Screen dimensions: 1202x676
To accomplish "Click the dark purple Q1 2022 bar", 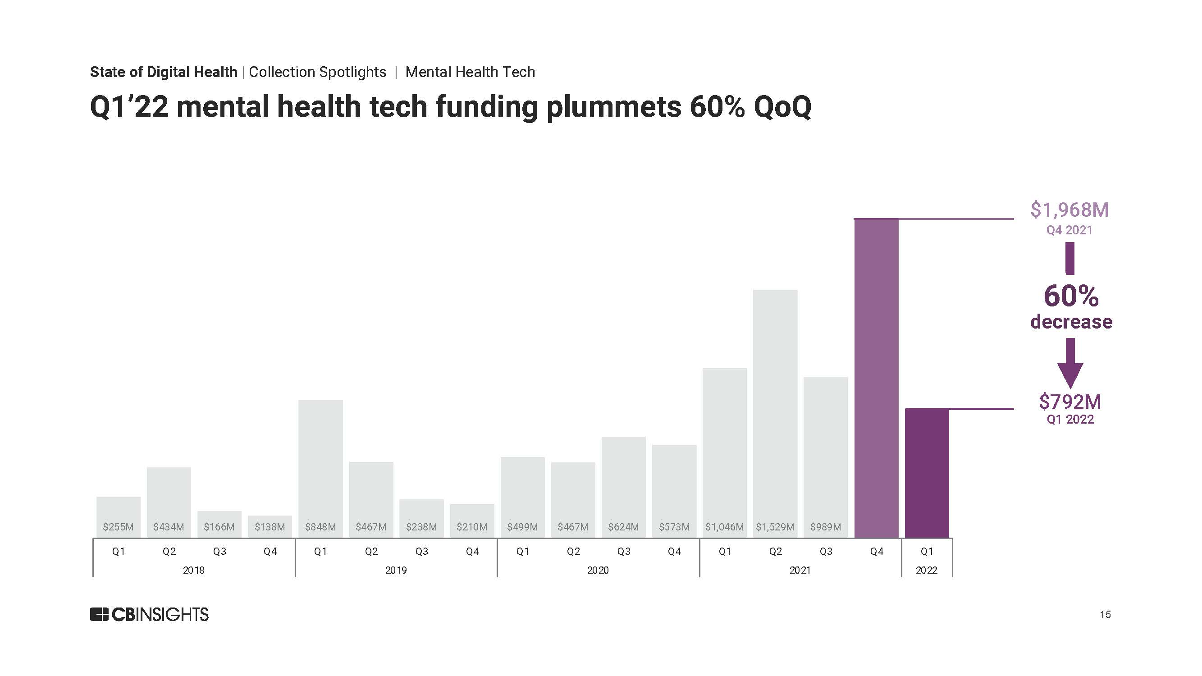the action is pyautogui.click(x=927, y=473).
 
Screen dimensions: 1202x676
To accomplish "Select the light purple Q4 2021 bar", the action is pyautogui.click(x=876, y=379).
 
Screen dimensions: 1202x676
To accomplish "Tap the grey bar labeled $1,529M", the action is pyautogui.click(x=775, y=414).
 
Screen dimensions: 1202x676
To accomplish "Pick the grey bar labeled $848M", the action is pyautogui.click(x=320, y=469).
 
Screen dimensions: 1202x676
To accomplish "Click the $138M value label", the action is pyautogui.click(x=270, y=527).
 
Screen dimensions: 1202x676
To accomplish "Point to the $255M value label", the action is pyautogui.click(x=118, y=527).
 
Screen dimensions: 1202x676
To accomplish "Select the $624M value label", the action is pyautogui.click(x=623, y=527).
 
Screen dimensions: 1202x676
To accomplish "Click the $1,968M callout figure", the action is pyautogui.click(x=1069, y=210).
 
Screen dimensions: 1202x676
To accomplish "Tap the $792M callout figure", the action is pyautogui.click(x=1070, y=401).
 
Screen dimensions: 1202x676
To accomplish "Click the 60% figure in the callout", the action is pyautogui.click(x=1071, y=296).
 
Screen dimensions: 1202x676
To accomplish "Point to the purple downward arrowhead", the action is pyautogui.click(x=1070, y=375).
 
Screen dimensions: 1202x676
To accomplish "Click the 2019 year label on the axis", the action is pyautogui.click(x=396, y=570).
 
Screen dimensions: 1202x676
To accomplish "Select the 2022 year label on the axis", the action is pyautogui.click(x=927, y=570).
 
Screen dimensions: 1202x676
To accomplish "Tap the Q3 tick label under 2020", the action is pyautogui.click(x=624, y=552).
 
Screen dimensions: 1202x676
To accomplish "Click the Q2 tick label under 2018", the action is pyautogui.click(x=169, y=552).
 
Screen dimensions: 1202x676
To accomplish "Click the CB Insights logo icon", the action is pyautogui.click(x=100, y=614).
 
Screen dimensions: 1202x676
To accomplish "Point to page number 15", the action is pyautogui.click(x=1105, y=614).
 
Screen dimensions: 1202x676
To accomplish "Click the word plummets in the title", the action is pyautogui.click(x=613, y=107).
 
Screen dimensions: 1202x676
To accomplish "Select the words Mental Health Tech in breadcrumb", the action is pyautogui.click(x=470, y=72).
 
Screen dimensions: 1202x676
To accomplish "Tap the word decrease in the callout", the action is pyautogui.click(x=1071, y=322).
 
